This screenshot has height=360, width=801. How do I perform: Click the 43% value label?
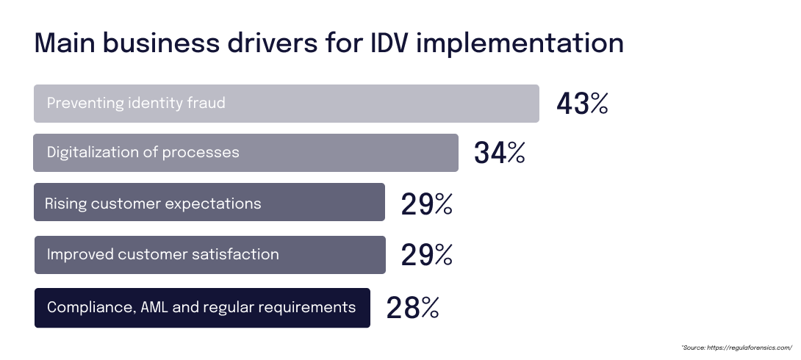pyautogui.click(x=582, y=104)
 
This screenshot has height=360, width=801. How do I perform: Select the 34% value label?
pyautogui.click(x=499, y=153)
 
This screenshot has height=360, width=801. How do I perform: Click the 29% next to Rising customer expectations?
pyautogui.click(x=426, y=204)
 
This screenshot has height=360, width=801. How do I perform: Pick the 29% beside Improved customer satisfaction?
pyautogui.click(x=426, y=255)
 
